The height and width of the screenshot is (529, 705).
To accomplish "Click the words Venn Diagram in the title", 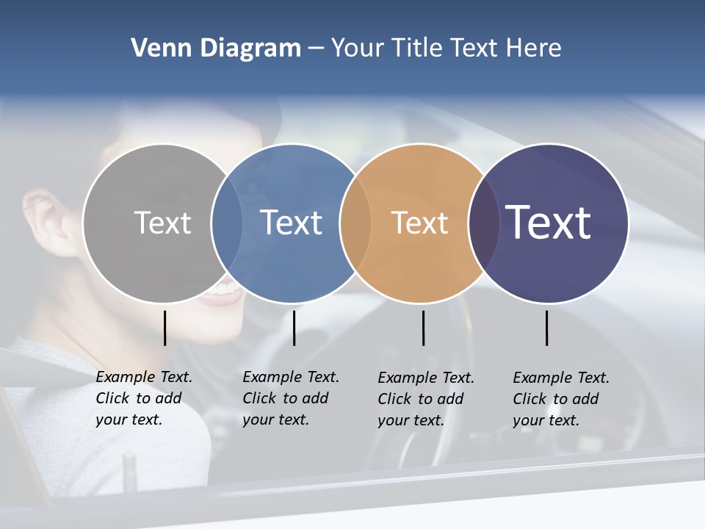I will (216, 48).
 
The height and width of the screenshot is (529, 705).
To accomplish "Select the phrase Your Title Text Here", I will (446, 48).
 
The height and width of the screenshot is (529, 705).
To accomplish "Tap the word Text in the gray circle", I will (162, 223).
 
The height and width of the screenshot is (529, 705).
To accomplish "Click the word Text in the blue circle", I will (291, 223).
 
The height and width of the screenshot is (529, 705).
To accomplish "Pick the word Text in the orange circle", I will (419, 223).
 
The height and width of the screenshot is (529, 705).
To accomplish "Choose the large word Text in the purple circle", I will (548, 222).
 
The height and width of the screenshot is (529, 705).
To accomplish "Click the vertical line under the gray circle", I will (165, 328).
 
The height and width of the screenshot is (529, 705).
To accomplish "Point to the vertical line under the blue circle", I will (294, 328).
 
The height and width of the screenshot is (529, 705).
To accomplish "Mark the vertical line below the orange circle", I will (423, 328).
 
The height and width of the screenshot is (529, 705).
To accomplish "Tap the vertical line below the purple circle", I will (547, 328).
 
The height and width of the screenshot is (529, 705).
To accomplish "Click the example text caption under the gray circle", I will (144, 398).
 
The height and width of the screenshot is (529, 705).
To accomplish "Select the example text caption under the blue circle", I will (291, 398).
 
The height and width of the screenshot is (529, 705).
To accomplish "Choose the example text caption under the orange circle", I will (426, 399).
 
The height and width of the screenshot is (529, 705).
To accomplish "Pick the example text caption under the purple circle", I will (561, 399).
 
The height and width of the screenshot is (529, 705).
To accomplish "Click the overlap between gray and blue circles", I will (227, 223).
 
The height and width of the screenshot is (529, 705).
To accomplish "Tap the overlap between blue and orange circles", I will (355, 223).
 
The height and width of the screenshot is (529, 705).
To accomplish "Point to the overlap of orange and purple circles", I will (484, 223).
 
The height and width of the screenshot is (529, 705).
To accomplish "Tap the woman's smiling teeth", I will (223, 290).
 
